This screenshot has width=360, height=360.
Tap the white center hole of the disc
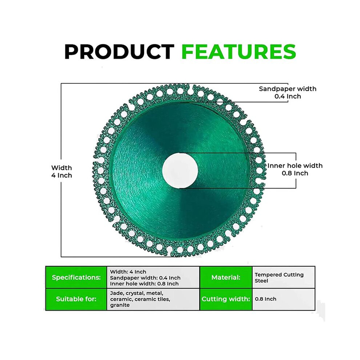[x=180, y=170]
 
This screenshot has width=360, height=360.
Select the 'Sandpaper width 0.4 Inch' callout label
[x=287, y=92]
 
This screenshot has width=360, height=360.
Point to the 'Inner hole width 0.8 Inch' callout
[x=295, y=169]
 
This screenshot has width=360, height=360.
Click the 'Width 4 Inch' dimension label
[x=61, y=172]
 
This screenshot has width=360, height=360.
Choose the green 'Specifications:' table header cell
[x=76, y=277]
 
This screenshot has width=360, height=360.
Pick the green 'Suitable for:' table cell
[x=76, y=299]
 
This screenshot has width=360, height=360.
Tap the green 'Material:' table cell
[x=226, y=277]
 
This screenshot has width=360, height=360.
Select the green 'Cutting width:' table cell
[x=226, y=299]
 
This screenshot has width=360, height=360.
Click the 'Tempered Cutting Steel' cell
[x=284, y=277]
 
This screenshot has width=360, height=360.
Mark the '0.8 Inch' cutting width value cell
[x=284, y=299]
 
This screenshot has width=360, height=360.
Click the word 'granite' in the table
[x=120, y=305]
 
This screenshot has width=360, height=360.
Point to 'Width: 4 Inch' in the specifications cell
[x=128, y=272]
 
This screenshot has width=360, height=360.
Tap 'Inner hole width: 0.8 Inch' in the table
[x=144, y=284]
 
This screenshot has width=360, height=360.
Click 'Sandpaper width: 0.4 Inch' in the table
[x=145, y=278]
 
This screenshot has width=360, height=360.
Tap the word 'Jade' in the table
[x=116, y=293]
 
